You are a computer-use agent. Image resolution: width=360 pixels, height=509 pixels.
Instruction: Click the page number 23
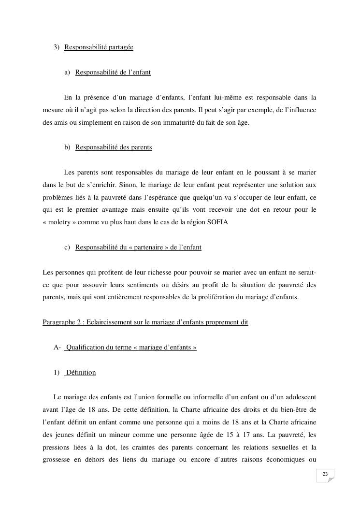(325, 474)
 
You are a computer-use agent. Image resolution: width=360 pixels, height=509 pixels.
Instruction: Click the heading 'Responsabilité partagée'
(99, 47)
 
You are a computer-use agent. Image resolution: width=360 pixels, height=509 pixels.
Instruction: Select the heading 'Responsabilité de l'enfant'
(113, 73)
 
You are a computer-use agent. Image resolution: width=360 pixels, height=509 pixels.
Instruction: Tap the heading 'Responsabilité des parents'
(114, 147)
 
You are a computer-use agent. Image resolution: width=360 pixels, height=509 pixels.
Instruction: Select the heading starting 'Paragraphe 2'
(145, 322)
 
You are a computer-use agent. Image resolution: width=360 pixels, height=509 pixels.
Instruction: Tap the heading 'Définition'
(81, 373)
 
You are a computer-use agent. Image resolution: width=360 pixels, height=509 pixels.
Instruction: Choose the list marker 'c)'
(67, 247)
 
